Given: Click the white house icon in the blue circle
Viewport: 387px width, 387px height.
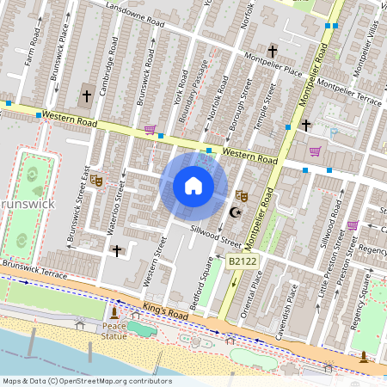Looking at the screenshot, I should pyautogui.click(x=193, y=186).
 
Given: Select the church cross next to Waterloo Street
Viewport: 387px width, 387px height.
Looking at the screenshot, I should pyautogui.click(x=117, y=250).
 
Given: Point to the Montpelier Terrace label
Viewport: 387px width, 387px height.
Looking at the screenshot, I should pyautogui.click(x=349, y=93).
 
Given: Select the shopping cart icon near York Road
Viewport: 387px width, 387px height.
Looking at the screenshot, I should pyautogui.click(x=150, y=130).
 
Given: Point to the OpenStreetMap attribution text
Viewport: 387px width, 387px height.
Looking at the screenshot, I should pyautogui.click(x=76, y=380).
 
